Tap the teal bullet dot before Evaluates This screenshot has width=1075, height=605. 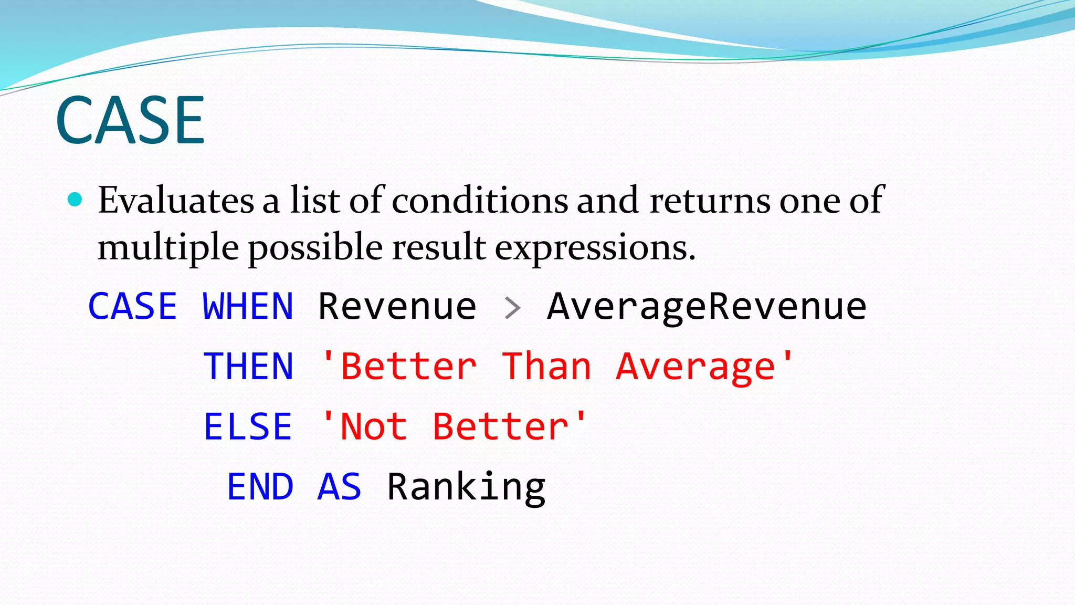pos(76,199)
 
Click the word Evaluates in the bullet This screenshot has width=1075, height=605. pos(176,200)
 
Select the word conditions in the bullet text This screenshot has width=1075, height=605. pos(480,200)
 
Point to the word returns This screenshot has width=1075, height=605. pos(710,201)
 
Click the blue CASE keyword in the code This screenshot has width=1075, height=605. pos(132,306)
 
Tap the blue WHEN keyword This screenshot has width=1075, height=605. pos(248,306)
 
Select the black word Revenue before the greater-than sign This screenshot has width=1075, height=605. pos(397,306)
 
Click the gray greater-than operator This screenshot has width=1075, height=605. pos(512,308)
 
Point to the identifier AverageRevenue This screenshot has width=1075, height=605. pos(707,306)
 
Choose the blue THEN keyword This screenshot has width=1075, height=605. pos(248,366)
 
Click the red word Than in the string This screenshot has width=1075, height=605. pos(546,366)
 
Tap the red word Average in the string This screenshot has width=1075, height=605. pos(695,367)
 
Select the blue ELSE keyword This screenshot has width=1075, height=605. pos(248,426)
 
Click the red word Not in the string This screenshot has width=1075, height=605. pos(374,426)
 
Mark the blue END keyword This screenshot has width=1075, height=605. pos(260,486)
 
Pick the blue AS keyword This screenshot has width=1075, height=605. pos(340,486)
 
